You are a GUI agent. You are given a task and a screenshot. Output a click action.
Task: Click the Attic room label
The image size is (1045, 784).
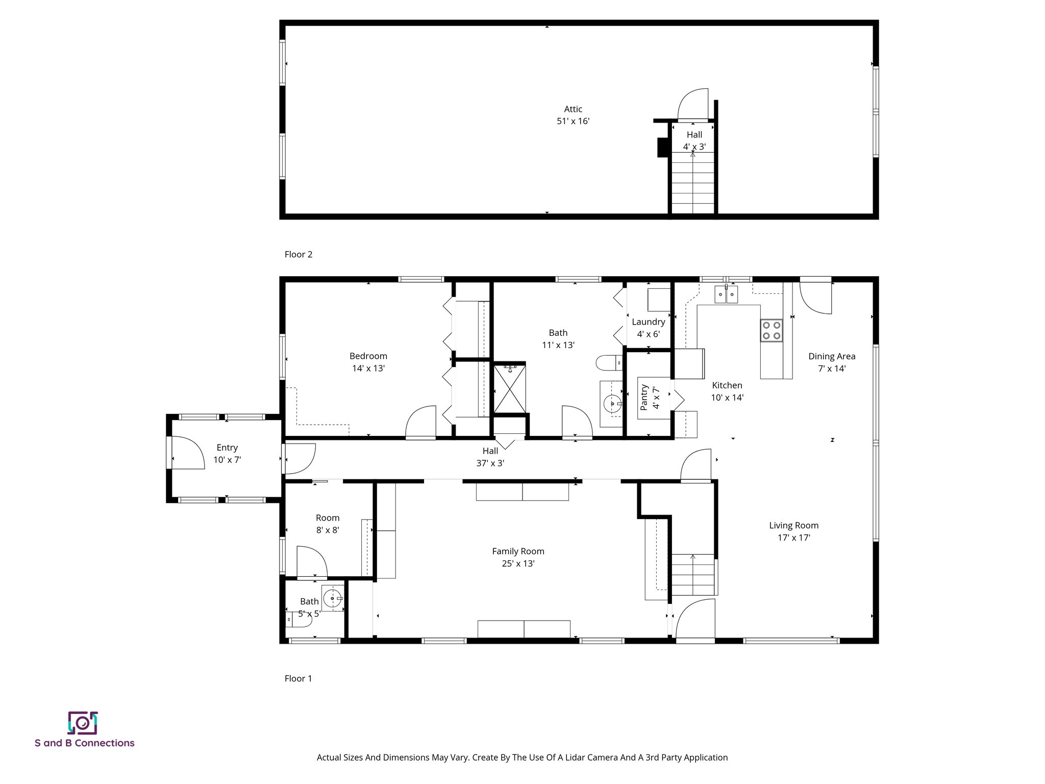point(573,109)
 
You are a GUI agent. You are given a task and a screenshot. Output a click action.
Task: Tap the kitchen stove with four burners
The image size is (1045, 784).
point(771,330)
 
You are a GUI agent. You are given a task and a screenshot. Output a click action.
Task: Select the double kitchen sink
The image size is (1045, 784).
point(726,295)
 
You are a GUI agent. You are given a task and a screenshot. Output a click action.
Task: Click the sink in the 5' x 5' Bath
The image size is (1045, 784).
point(333,598)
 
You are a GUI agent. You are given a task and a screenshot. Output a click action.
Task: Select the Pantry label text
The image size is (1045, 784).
point(644,397)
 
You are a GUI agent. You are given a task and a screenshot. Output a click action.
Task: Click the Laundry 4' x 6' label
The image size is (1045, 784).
point(648,328)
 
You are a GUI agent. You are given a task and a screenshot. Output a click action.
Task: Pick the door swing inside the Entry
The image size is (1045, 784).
point(185,452)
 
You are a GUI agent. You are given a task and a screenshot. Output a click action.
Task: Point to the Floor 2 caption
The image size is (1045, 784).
point(298,254)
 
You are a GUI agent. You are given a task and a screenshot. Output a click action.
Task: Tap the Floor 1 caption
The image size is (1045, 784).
point(298,678)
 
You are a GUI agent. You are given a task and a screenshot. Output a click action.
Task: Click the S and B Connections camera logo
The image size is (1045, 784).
point(83,723)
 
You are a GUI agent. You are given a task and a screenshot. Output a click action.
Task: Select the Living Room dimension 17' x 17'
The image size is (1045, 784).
point(793,537)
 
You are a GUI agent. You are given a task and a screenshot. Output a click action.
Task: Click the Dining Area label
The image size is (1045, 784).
point(831,356)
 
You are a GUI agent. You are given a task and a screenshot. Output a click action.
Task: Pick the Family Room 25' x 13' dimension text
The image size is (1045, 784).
point(518,563)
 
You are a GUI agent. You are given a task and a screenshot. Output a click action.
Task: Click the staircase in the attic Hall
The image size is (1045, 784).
point(692,186)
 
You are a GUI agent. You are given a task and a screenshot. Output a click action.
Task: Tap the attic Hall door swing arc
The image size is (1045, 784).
point(692,105)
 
